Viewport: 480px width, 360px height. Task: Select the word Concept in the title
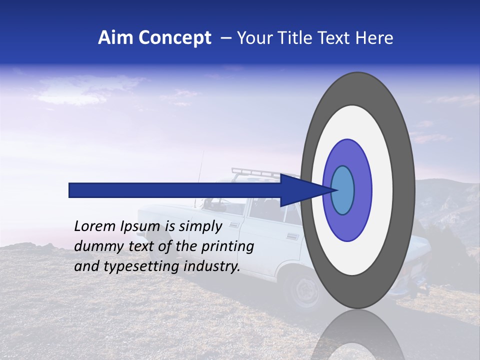pyautogui.click(x=174, y=38)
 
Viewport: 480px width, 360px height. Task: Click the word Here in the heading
pyautogui.click(x=375, y=38)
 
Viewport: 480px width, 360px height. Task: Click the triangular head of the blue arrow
pyautogui.click(x=300, y=190)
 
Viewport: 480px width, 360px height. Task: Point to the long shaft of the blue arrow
pyautogui.click(x=175, y=190)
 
